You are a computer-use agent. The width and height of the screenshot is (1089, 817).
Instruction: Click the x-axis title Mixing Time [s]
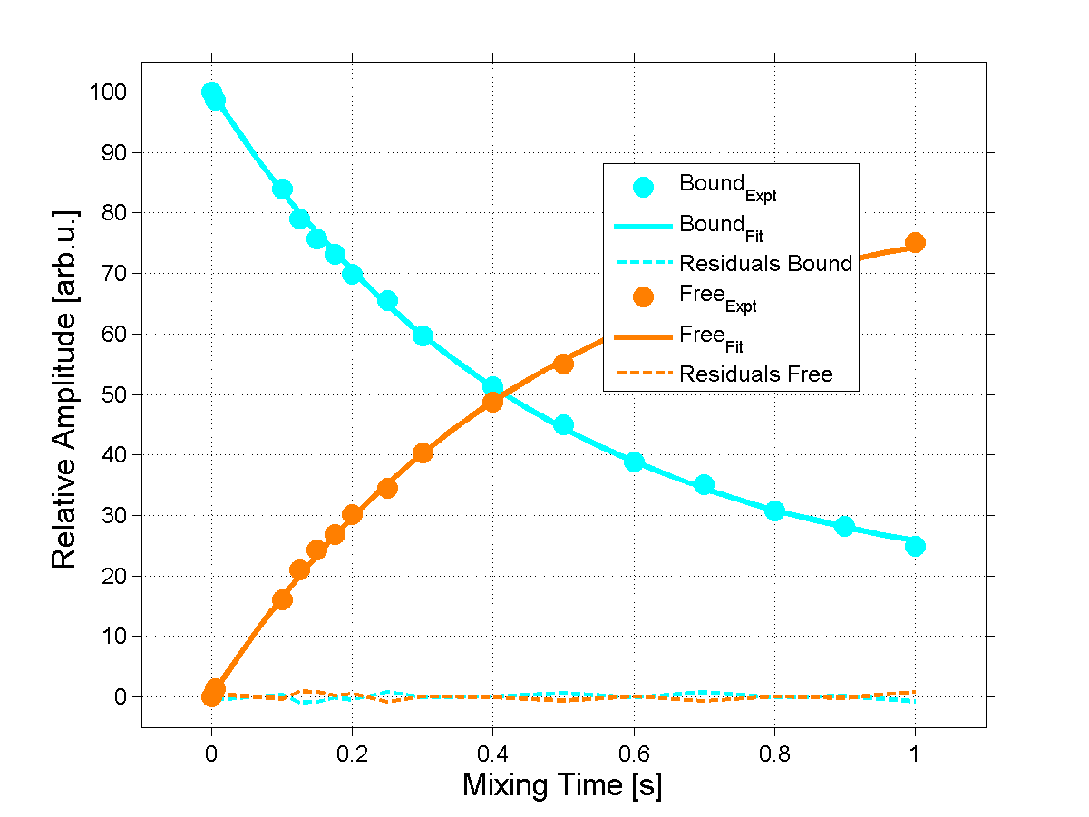pyautogui.click(x=561, y=784)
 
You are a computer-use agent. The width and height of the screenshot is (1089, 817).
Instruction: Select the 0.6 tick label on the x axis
pyautogui.click(x=633, y=752)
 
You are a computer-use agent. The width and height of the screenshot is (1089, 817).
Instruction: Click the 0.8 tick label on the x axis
pyautogui.click(x=773, y=752)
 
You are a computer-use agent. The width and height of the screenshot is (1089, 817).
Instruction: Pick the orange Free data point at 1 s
pyautogui.click(x=915, y=242)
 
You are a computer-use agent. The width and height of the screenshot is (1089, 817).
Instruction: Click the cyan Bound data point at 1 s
pyautogui.click(x=915, y=546)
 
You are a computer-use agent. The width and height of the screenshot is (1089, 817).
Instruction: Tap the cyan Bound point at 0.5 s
pyautogui.click(x=563, y=425)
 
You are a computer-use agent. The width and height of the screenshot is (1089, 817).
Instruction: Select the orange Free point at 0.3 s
pyautogui.click(x=423, y=452)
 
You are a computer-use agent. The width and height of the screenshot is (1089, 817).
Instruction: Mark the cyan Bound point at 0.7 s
pyautogui.click(x=704, y=485)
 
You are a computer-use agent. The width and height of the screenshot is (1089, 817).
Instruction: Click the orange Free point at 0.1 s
pyautogui.click(x=282, y=599)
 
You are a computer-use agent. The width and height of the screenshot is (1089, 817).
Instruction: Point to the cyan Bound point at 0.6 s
pyautogui.click(x=634, y=462)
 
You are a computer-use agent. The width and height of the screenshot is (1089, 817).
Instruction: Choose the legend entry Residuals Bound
pyautogui.click(x=765, y=264)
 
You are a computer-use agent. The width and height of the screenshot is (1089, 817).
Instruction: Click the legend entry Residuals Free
pyautogui.click(x=755, y=374)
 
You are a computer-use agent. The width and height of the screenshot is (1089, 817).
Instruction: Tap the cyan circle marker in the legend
pyautogui.click(x=643, y=188)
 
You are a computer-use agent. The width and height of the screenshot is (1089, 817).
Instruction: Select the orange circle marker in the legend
pyautogui.click(x=643, y=298)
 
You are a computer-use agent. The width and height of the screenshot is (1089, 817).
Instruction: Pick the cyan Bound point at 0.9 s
pyautogui.click(x=844, y=526)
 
